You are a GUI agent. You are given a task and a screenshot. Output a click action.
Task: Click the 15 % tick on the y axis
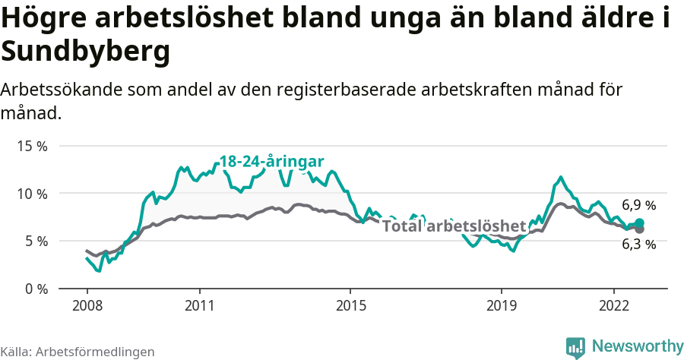(31, 146)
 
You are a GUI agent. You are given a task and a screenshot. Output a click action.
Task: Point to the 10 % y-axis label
(31, 194)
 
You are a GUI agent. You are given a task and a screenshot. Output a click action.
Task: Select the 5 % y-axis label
(35, 242)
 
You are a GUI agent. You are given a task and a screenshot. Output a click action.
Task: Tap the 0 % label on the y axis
(35, 289)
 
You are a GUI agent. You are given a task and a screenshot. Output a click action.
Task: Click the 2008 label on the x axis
(87, 305)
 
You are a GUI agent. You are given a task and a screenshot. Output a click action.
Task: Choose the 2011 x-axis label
(199, 305)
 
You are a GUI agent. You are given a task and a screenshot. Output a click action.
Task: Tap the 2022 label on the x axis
(613, 305)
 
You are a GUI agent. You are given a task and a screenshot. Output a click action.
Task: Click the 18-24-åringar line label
(271, 161)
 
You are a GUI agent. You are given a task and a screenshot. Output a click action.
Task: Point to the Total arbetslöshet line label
(454, 226)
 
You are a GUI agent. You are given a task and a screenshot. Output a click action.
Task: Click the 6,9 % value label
(638, 205)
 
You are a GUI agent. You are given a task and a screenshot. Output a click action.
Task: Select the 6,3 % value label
(638, 244)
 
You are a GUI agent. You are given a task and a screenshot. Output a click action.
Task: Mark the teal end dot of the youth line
(639, 223)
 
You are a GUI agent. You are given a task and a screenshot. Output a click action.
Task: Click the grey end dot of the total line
(639, 229)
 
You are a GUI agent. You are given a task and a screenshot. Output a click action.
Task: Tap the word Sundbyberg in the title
(85, 52)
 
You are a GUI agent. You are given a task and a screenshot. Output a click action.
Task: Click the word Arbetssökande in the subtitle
(62, 90)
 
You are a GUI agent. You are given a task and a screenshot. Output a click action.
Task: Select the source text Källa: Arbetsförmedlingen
(78, 352)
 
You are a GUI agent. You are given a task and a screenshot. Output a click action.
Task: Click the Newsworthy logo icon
(575, 347)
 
